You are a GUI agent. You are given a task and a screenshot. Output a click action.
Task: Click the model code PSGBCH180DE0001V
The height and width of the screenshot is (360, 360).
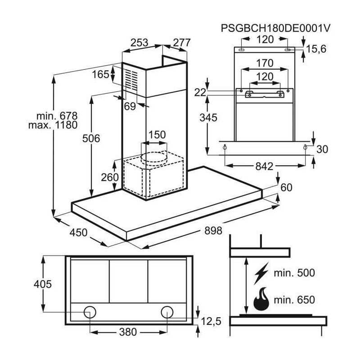276,28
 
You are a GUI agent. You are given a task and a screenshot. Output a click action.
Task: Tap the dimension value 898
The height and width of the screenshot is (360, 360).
213,231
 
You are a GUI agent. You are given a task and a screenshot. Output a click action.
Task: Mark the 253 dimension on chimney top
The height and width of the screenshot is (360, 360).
139,43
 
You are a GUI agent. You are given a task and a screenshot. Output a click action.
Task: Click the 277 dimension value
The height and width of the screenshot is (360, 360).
182,43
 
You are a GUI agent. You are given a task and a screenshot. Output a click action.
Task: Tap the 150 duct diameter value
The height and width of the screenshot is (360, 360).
157,135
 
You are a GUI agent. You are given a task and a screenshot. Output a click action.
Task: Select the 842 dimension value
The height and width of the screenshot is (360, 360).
264,166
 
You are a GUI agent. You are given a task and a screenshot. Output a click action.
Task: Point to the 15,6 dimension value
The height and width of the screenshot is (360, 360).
317,49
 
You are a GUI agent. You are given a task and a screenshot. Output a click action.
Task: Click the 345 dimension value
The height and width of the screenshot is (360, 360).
209,118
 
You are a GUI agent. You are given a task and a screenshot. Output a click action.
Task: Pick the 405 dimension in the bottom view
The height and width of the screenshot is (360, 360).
42,284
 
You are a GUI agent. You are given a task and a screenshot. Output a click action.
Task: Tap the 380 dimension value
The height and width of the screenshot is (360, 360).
128,332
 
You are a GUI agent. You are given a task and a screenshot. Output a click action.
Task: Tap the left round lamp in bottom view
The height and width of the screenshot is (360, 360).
90,311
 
